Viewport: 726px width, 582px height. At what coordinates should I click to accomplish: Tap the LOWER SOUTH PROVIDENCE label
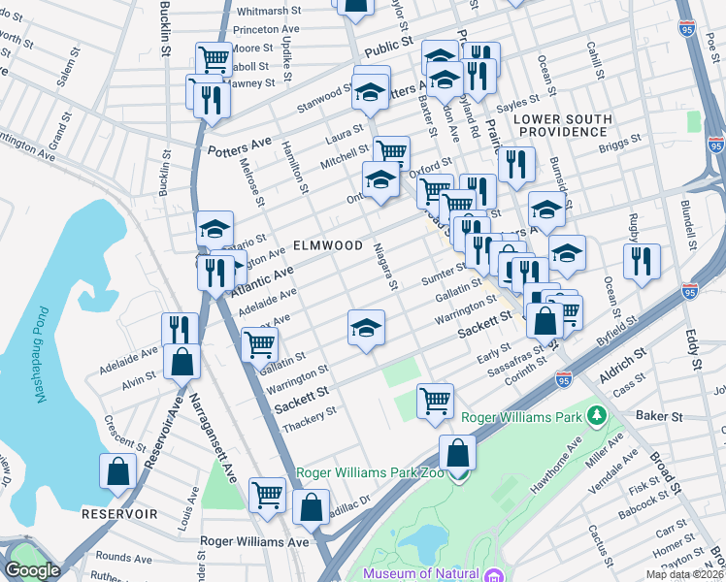[563, 125]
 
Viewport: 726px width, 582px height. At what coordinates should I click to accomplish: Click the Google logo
[32, 570]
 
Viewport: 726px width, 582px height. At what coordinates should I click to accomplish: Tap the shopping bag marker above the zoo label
[457, 453]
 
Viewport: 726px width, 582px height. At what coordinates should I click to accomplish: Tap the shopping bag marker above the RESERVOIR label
[117, 471]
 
